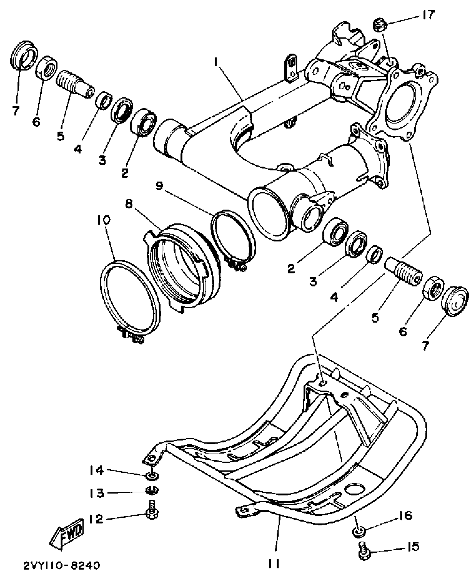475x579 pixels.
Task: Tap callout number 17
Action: pos(427,14)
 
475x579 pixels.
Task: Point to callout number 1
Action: pos(216,63)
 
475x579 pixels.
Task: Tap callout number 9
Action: pos(160,186)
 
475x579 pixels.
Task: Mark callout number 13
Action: pos(97,493)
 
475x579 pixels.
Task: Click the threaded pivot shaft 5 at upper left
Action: pos(74,83)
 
